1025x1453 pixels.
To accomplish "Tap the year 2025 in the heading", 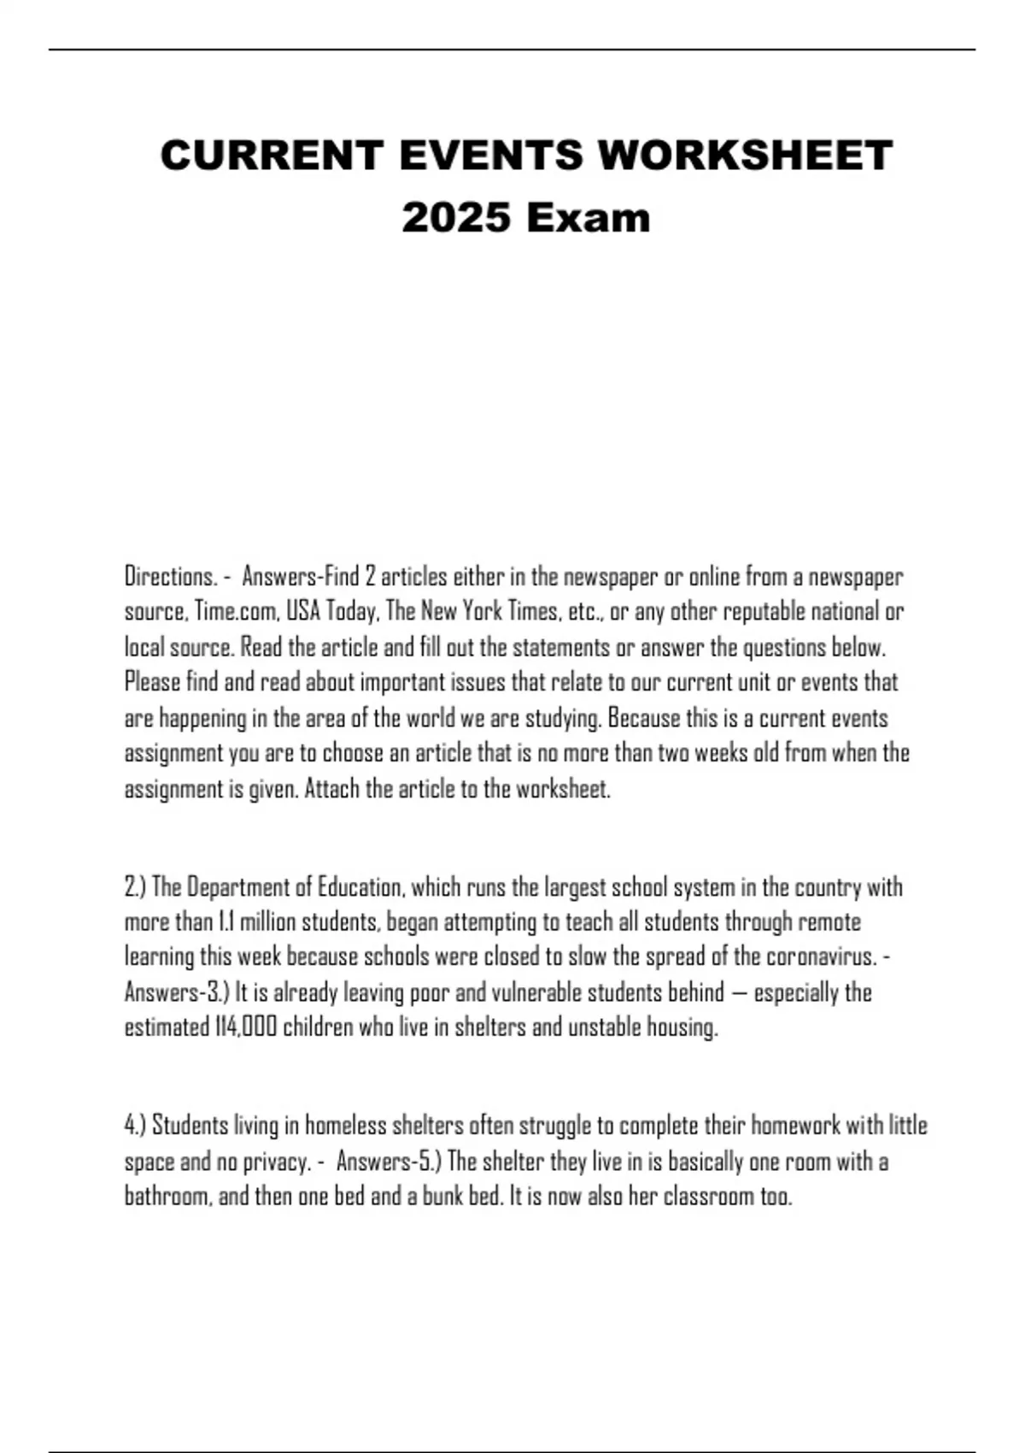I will (x=456, y=217).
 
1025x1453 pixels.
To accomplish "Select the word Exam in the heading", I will (x=588, y=217).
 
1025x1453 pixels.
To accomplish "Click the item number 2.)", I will (x=136, y=887).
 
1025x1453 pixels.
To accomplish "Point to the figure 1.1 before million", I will (x=226, y=922).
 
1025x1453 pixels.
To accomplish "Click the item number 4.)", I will (x=136, y=1125).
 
